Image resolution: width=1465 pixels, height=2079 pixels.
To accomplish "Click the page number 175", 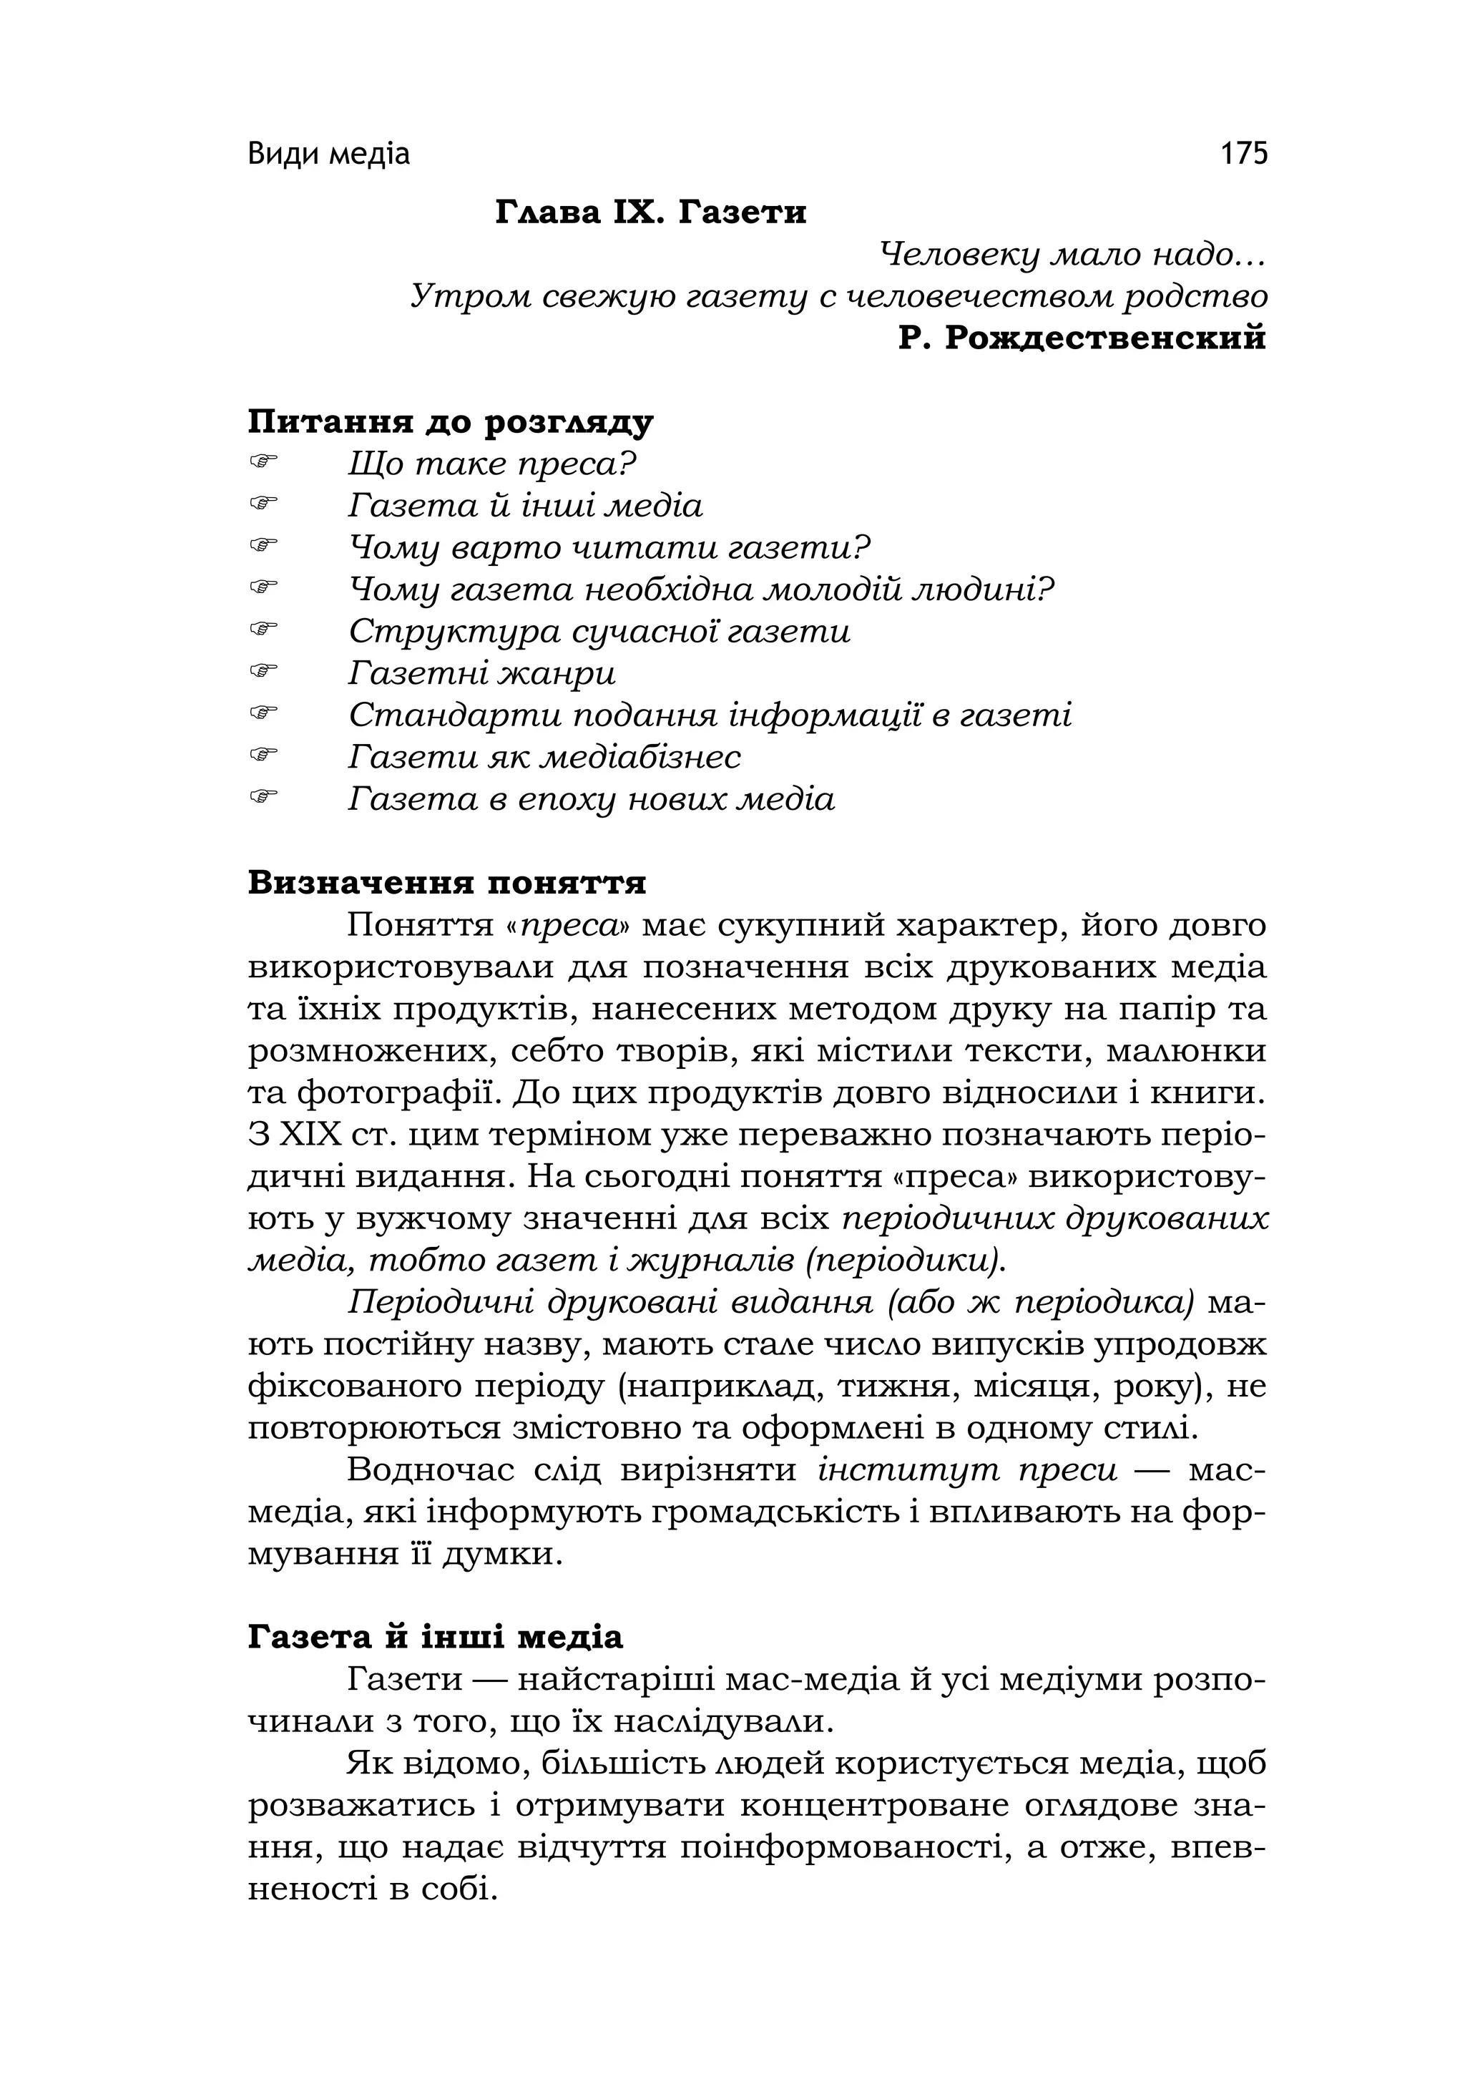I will tap(1244, 154).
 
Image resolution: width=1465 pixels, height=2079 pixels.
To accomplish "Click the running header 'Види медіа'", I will tap(328, 155).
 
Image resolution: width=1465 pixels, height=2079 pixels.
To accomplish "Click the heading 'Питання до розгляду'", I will tap(450, 422).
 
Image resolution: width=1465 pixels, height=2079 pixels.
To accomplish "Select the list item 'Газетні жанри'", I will tap(481, 672).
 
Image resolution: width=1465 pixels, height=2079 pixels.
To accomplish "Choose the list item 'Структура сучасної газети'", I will tap(599, 631).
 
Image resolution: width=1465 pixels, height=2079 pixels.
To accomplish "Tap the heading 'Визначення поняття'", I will tap(446, 882).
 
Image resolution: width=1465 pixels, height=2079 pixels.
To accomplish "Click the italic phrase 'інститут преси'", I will tap(967, 1469).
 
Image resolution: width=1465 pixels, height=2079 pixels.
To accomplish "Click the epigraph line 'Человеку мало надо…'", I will tap(1072, 255).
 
